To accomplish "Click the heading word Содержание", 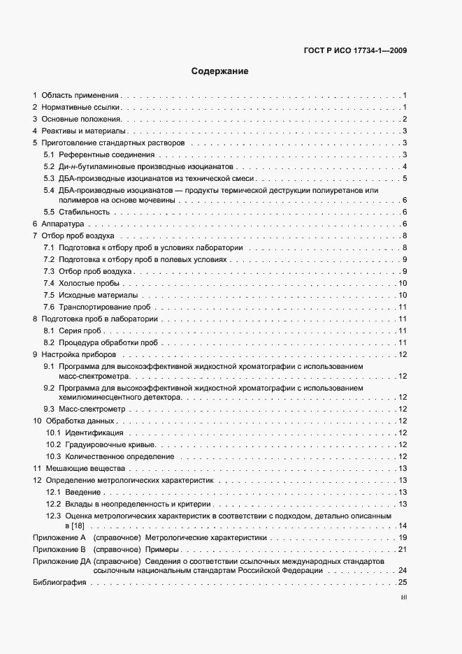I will [x=219, y=71].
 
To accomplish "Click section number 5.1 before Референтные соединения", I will [x=49, y=154].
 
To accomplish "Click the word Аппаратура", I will [x=63, y=224].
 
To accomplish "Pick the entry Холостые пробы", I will [x=89, y=283].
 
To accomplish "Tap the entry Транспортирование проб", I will [x=105, y=307].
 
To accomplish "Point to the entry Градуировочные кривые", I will [x=110, y=444].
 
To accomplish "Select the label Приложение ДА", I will [x=62, y=562].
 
